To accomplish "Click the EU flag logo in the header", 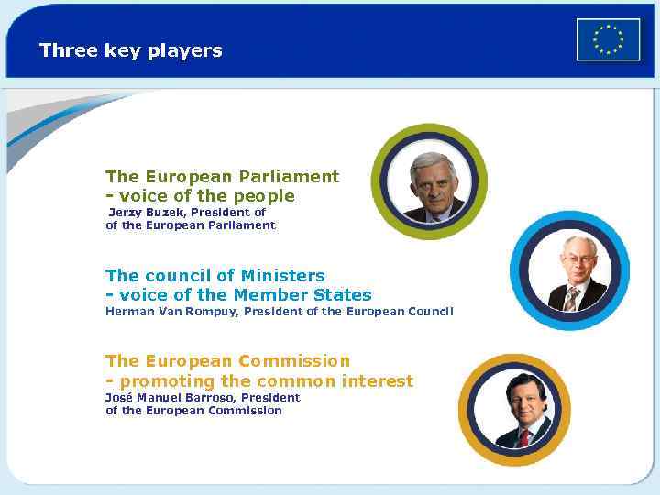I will pos(608,40).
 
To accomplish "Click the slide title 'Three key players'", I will pos(130,50).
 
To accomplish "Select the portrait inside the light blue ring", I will pos(569,272).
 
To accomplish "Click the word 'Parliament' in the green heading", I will pos(289,176).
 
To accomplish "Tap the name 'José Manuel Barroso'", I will pos(171,397).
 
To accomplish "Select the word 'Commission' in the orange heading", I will pos(293,360).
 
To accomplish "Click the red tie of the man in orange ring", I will pos(524,437).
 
